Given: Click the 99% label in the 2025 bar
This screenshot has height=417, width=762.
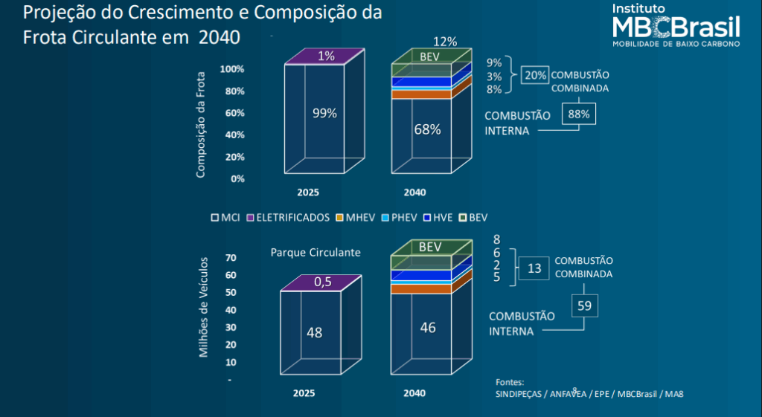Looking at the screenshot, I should tap(324, 113).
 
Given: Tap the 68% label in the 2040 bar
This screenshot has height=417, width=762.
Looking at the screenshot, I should tap(427, 129).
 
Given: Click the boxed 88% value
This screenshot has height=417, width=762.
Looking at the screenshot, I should tap(578, 114).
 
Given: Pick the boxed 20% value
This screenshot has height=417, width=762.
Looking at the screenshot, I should tap(535, 75).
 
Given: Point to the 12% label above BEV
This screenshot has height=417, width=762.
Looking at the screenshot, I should tap(444, 42).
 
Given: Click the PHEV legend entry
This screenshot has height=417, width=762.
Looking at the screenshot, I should tap(400, 218).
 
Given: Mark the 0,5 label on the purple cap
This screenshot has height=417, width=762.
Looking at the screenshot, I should tap(322, 282).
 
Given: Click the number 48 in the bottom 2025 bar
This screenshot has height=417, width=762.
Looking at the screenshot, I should tap(315, 332).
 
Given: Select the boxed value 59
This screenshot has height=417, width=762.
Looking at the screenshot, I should tap(585, 305).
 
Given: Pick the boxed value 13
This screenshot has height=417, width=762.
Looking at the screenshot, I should tap(534, 268).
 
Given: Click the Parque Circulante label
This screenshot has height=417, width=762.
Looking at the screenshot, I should tap(316, 253).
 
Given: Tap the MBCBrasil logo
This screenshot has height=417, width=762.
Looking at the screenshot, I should tap(675, 25).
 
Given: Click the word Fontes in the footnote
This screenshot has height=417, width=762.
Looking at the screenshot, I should tap(510, 382).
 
